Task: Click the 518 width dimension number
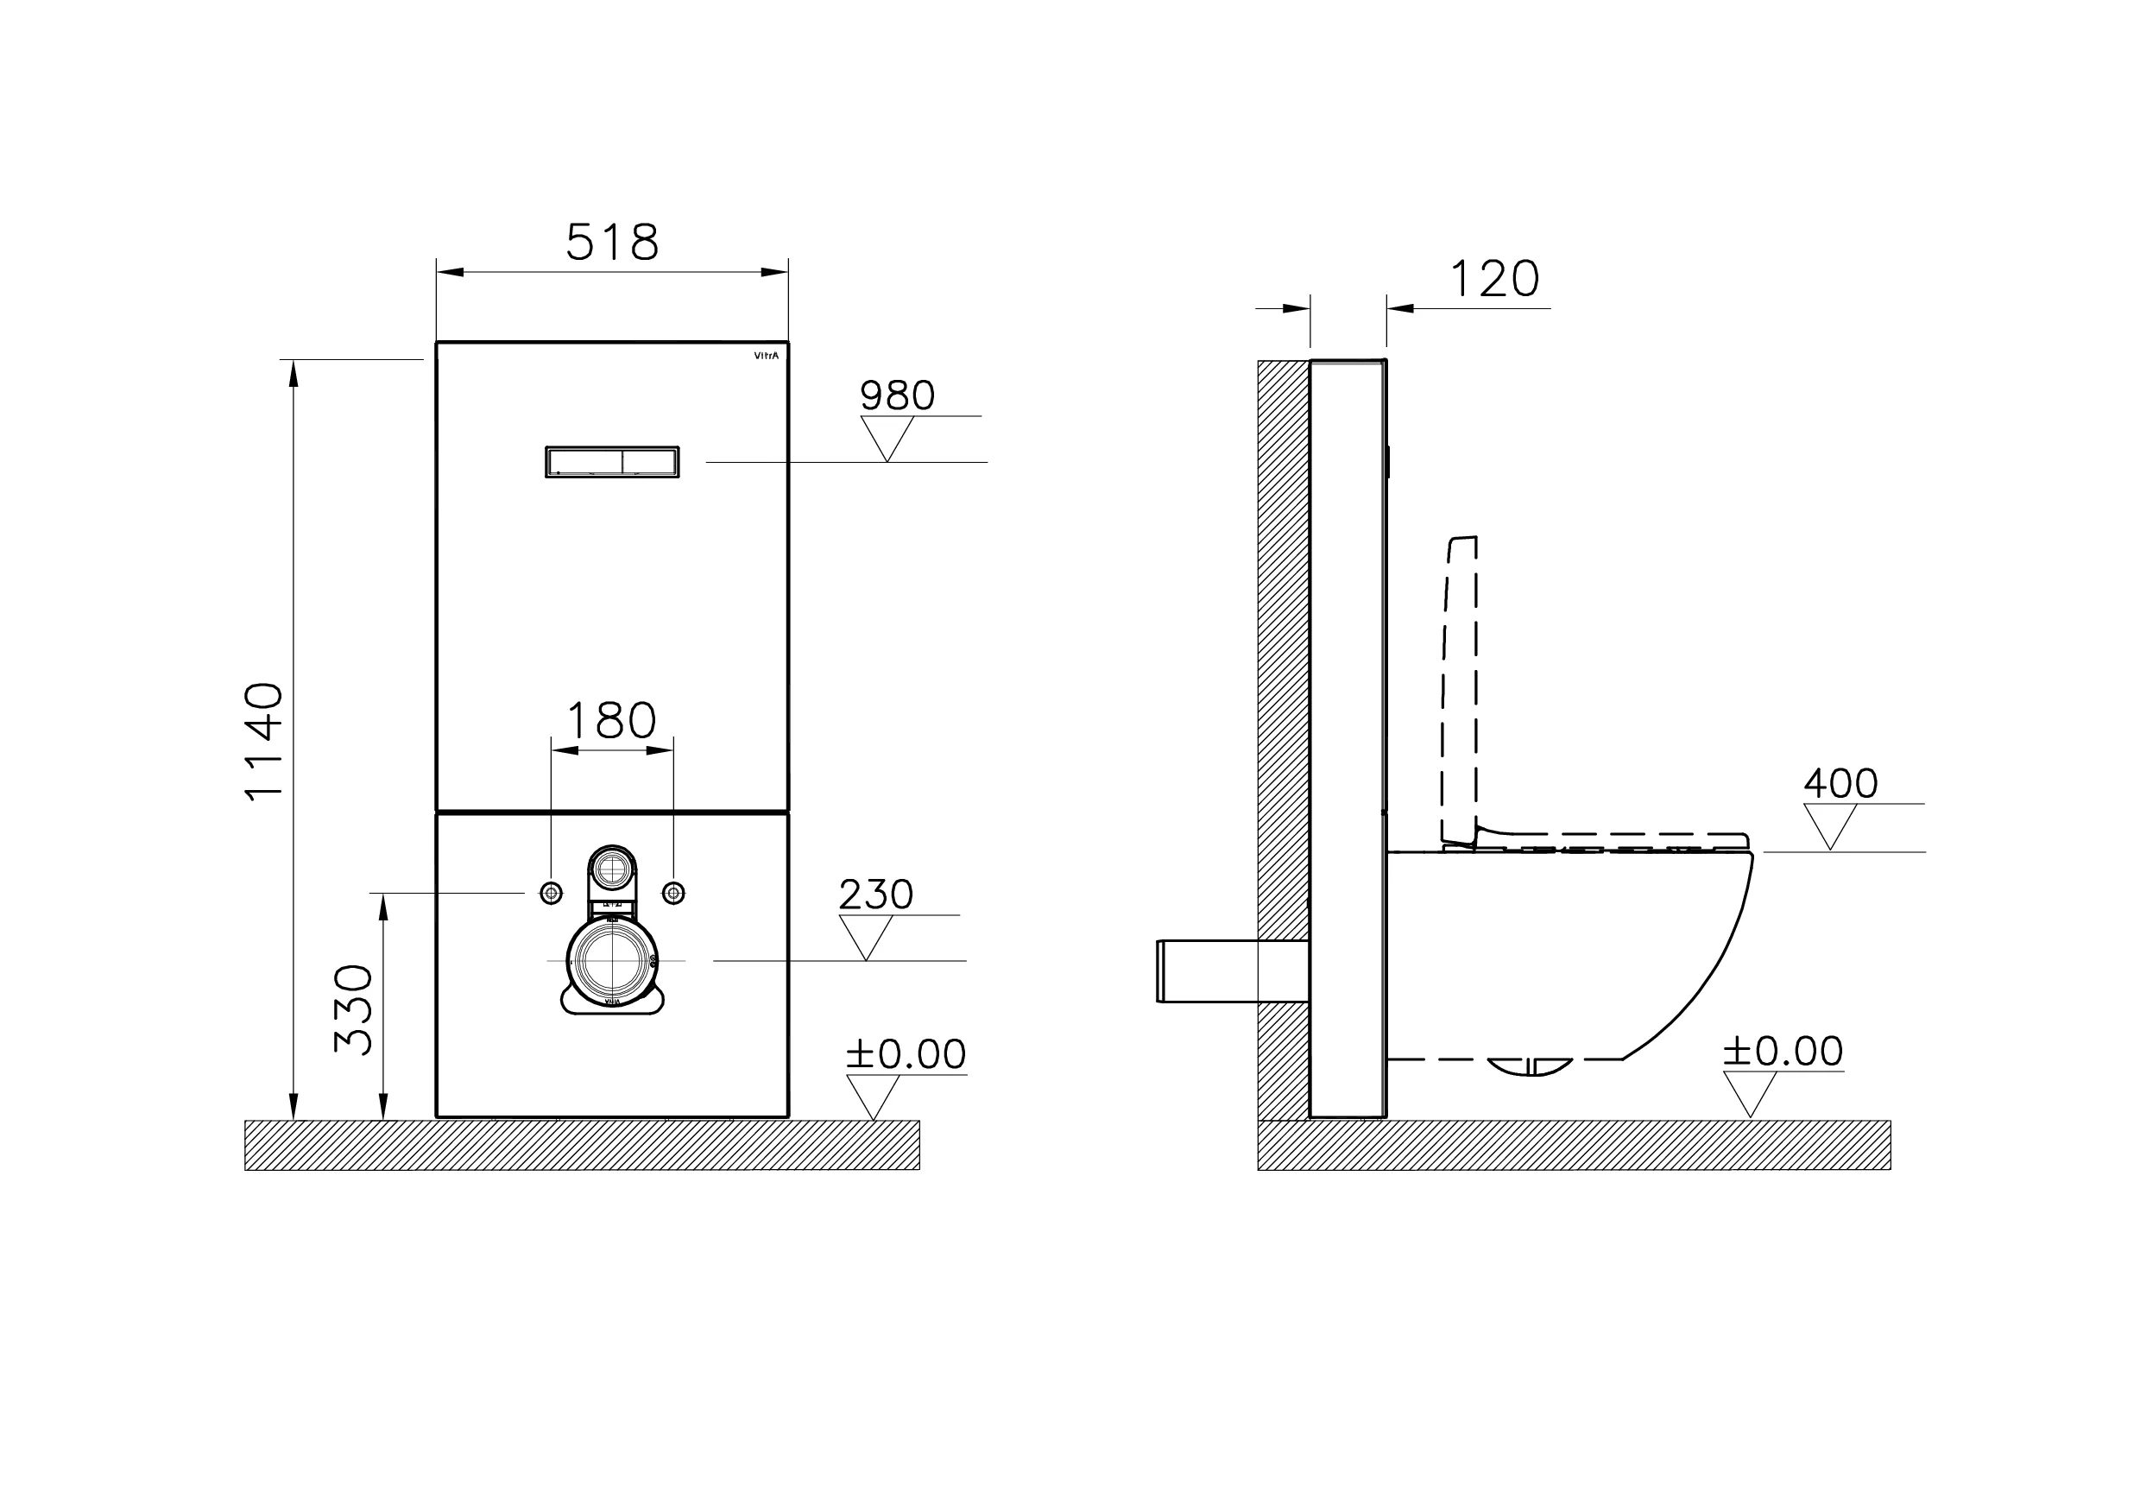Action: (x=612, y=243)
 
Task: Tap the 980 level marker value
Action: (x=897, y=395)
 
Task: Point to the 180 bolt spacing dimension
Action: (x=611, y=721)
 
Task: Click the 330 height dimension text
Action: (x=354, y=1008)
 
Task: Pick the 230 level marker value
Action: (x=875, y=895)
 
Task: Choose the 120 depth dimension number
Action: (x=1494, y=279)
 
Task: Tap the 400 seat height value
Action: (x=1840, y=783)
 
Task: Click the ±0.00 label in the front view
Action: (x=905, y=1054)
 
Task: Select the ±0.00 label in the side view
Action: (x=1782, y=1052)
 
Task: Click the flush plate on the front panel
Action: (x=611, y=461)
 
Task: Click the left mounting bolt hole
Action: (x=551, y=893)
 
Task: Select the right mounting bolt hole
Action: (x=674, y=893)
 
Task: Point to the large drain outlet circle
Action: (x=611, y=960)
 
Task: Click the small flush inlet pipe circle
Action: (x=612, y=869)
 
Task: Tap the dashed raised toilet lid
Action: (x=1460, y=690)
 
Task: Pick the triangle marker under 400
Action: (x=1829, y=824)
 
